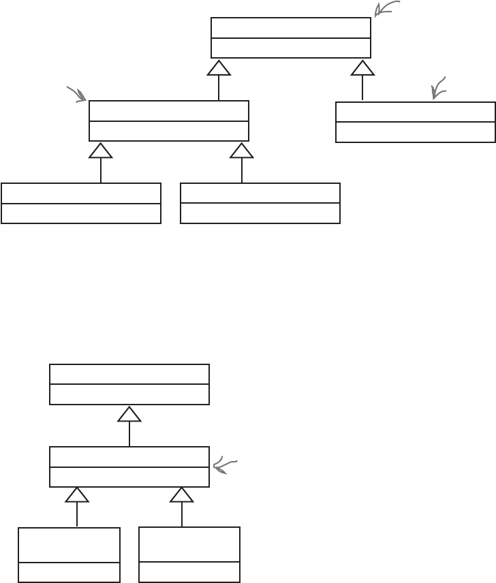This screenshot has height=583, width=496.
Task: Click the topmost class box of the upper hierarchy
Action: [291, 37]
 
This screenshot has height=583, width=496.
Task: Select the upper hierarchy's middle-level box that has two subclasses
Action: [169, 121]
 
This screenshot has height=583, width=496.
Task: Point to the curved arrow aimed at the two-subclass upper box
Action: [77, 94]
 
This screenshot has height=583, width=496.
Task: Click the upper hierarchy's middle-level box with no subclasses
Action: [416, 122]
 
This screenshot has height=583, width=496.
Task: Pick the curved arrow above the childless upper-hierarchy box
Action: [438, 88]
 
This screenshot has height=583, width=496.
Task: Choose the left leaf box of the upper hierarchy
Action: [81, 203]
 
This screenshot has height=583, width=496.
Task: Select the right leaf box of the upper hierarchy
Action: [260, 203]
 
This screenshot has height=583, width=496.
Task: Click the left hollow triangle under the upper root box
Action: [219, 67]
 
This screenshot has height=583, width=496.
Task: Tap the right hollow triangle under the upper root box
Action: [362, 67]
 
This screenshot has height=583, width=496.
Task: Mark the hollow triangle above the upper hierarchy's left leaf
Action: [101, 151]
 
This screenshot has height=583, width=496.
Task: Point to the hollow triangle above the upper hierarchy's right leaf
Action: [242, 151]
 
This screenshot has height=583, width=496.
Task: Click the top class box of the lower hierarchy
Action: [129, 384]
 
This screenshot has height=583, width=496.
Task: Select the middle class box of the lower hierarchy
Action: [129, 467]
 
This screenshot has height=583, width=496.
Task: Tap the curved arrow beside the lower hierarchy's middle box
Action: [224, 466]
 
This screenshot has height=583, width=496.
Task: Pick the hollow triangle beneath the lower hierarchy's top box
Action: [129, 414]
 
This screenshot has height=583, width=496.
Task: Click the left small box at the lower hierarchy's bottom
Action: [69, 554]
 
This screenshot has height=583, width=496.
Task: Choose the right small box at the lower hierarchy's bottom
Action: [189, 554]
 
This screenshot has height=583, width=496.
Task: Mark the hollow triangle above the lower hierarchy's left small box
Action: [77, 495]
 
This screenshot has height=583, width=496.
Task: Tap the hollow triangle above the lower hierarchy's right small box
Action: [182, 495]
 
